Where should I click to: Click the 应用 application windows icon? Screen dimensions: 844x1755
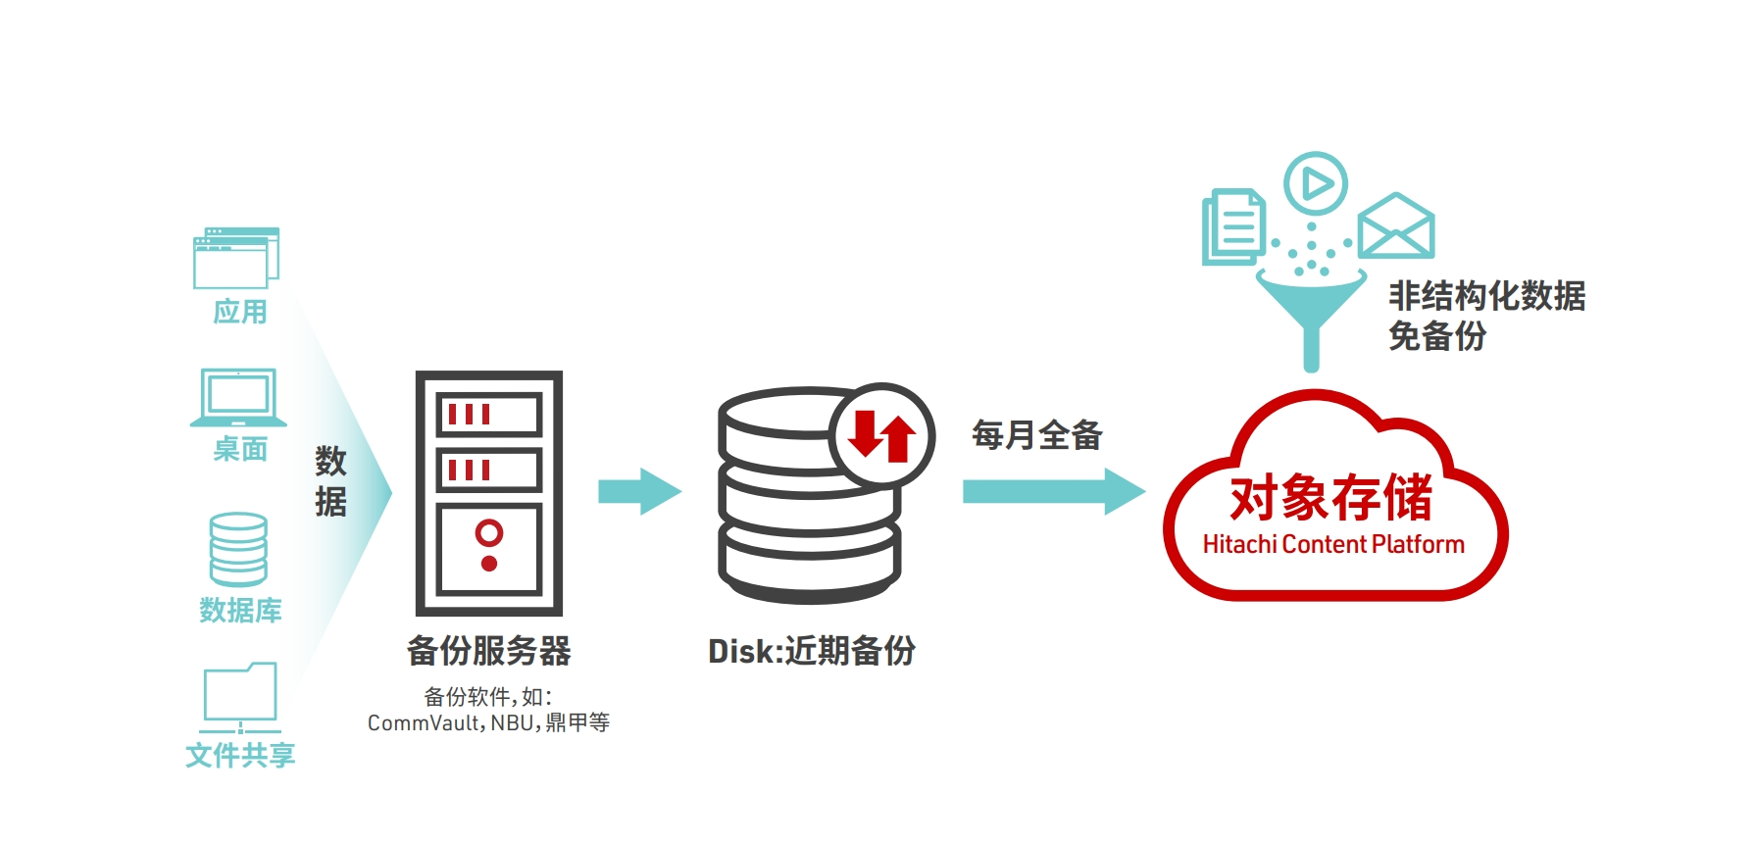point(236,258)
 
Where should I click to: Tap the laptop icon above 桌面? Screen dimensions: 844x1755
point(238,397)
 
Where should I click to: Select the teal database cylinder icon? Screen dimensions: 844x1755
point(238,549)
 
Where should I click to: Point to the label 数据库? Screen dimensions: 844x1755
point(240,611)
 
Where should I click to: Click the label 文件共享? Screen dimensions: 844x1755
point(240,755)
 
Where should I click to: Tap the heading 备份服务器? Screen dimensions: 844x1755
point(488,651)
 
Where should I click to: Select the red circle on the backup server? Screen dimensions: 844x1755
point(489,532)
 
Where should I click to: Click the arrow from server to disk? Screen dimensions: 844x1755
point(639,491)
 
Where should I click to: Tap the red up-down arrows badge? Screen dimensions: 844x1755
point(881,436)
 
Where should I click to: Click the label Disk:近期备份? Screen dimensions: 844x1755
point(812,651)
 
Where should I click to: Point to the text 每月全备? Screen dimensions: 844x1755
point(1037,435)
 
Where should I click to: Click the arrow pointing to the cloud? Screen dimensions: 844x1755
point(1053,491)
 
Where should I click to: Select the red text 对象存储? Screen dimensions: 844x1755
point(1331,498)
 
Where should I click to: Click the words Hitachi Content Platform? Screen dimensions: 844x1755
point(1333,545)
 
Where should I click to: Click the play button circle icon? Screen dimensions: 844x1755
point(1316,183)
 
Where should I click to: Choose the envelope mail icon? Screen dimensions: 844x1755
point(1396,226)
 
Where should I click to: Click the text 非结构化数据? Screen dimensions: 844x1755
point(1486,296)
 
